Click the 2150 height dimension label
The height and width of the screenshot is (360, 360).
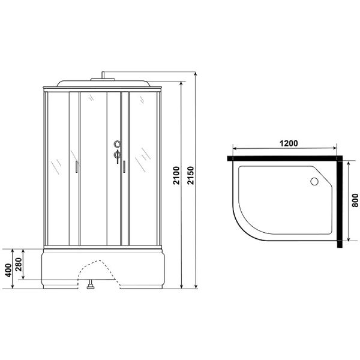[191, 175]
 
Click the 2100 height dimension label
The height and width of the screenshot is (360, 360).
[176, 175]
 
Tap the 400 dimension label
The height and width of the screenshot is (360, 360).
[8, 270]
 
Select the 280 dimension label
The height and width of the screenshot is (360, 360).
[19, 265]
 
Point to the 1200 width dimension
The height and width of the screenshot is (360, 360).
[289, 143]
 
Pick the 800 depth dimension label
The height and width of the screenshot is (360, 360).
[355, 200]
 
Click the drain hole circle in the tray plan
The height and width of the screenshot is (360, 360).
[314, 181]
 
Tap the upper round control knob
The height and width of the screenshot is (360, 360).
[118, 144]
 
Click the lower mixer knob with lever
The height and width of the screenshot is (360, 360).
[118, 155]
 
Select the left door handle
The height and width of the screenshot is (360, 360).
[76, 167]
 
